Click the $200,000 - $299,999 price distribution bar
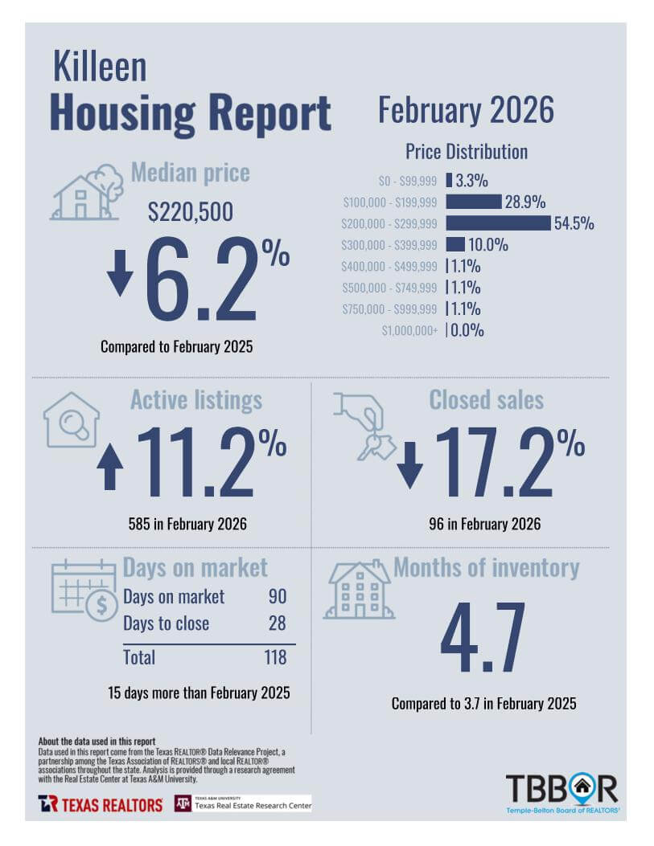point(498,223)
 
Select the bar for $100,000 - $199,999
point(474,201)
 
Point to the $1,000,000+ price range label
point(409,330)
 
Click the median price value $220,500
point(191,212)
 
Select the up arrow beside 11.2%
point(109,468)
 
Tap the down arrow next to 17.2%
point(409,465)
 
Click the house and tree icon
point(87,193)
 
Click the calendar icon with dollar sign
point(84,591)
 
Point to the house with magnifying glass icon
point(71,419)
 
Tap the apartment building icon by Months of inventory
point(358,591)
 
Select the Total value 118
point(274,657)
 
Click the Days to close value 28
point(276,623)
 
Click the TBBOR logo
point(562,792)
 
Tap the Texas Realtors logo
point(100,803)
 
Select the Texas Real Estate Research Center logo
point(243,803)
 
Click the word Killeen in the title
point(100,67)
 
